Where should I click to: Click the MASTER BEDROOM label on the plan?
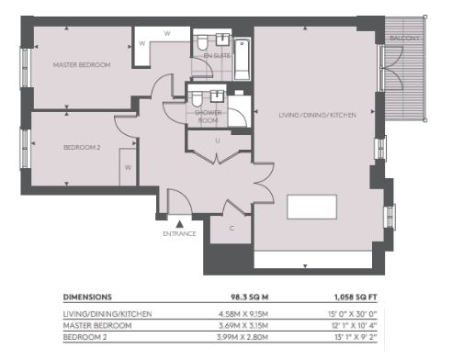(82, 65)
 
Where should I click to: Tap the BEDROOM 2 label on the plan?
(82, 148)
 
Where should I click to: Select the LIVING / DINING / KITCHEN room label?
(318, 115)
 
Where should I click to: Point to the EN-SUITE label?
(217, 56)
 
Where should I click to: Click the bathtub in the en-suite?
(243, 60)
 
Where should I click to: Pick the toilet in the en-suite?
(202, 43)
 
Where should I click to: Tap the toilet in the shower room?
(198, 98)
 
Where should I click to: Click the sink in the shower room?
(218, 96)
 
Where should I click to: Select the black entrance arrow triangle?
(179, 224)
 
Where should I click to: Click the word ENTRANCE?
(179, 234)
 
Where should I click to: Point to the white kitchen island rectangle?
(311, 207)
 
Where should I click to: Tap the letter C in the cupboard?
(232, 229)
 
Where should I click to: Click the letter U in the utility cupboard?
(218, 141)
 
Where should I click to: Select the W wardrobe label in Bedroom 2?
(128, 168)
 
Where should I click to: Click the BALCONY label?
(404, 39)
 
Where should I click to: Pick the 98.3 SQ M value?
(250, 297)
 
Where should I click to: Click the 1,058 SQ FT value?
(356, 297)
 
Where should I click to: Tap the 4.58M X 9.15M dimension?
(243, 314)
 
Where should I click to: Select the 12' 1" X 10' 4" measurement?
(355, 325)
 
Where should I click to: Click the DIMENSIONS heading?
(87, 297)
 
